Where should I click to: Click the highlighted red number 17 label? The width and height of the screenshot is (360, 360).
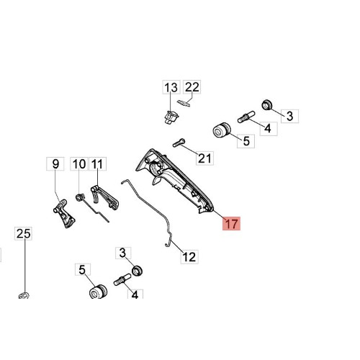231,223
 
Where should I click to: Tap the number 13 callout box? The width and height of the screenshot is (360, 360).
171,87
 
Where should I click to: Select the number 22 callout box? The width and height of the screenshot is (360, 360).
192,87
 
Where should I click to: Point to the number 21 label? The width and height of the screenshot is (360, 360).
204,158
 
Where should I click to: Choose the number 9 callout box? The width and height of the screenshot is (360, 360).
55,163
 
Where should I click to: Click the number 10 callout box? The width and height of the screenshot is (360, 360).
79,163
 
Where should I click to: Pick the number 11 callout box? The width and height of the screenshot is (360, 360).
97,163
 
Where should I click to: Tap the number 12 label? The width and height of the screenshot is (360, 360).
189,257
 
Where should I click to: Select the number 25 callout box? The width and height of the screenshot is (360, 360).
23,233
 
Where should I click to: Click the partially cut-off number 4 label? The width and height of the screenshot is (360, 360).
135,294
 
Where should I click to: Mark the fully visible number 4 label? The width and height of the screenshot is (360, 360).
269,129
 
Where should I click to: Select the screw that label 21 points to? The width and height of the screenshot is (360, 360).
179,143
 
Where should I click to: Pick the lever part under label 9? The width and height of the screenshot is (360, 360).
64,214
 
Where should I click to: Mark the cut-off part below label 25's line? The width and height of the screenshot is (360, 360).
24,295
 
